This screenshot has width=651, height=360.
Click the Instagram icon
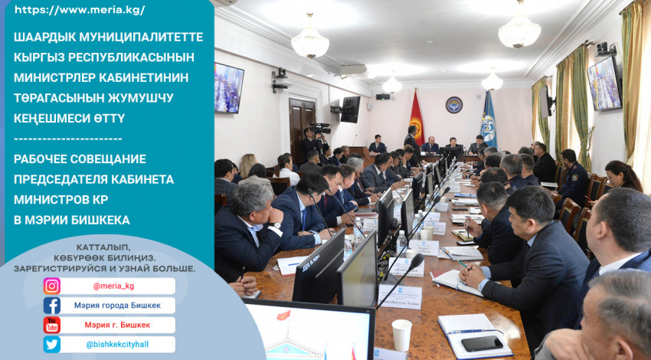[x=52, y=286]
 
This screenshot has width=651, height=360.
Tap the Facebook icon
[x=52, y=306]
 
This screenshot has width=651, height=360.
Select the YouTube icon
[x=52, y=325]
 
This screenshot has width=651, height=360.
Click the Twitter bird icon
[x=52, y=344]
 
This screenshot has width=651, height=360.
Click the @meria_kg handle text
[x=113, y=286]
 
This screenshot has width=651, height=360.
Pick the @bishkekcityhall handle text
[x=117, y=344]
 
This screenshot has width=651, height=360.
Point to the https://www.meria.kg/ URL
[x=80, y=11]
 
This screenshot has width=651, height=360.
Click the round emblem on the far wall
[x=454, y=105]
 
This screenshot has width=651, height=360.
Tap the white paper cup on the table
[x=401, y=335]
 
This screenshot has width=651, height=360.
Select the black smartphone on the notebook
[x=482, y=343]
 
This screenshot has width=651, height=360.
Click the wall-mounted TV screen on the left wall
[x=228, y=88]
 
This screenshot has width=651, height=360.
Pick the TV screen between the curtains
[x=604, y=83]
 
